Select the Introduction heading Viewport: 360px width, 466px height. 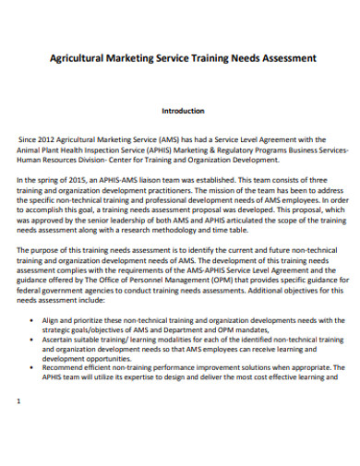tap(183, 111)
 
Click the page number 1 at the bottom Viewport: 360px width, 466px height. tap(20, 427)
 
